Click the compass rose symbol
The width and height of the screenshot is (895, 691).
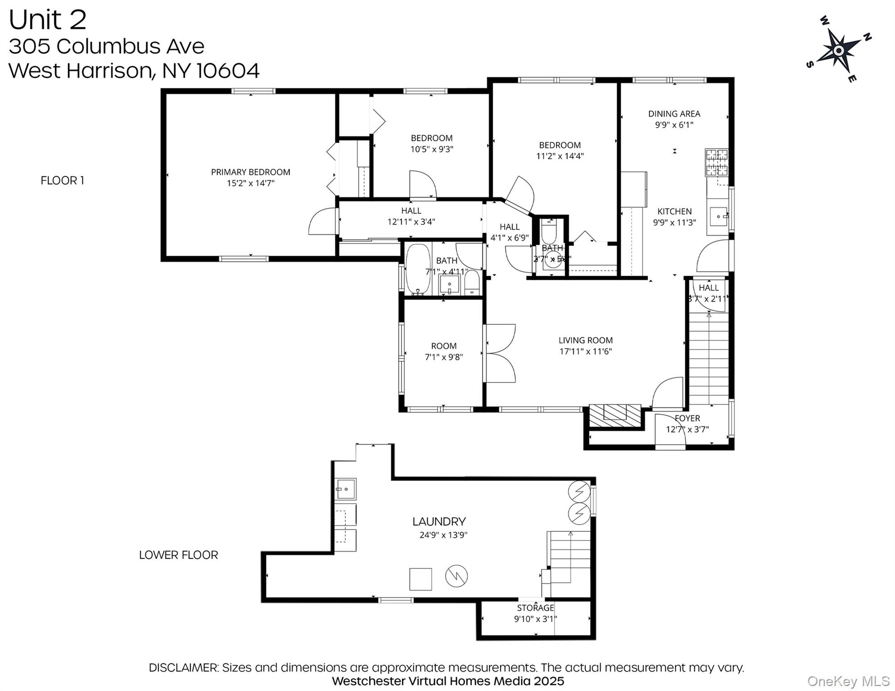[838, 51]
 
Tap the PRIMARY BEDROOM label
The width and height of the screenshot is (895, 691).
[250, 172]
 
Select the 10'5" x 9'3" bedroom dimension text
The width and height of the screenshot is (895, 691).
[431, 149]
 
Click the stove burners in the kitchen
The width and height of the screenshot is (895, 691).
[716, 162]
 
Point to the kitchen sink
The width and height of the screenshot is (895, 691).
[718, 216]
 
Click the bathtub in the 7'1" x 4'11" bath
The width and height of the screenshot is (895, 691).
[418, 269]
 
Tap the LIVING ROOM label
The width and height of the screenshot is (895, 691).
[585, 341]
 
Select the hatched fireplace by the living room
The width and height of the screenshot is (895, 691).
[615, 415]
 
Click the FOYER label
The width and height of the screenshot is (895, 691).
[687, 418]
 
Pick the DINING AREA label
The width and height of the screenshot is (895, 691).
[674, 114]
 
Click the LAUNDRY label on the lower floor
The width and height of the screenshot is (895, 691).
[439, 521]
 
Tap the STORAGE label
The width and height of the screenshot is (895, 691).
[535, 608]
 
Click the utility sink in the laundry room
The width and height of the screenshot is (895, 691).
[345, 489]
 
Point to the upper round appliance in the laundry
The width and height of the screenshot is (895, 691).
[579, 492]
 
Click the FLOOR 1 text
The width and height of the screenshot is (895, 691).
[62, 180]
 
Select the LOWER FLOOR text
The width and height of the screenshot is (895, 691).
[178, 555]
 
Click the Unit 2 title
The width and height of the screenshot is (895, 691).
[47, 20]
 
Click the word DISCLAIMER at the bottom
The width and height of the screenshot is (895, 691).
[183, 668]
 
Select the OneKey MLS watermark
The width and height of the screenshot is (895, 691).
[848, 682]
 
